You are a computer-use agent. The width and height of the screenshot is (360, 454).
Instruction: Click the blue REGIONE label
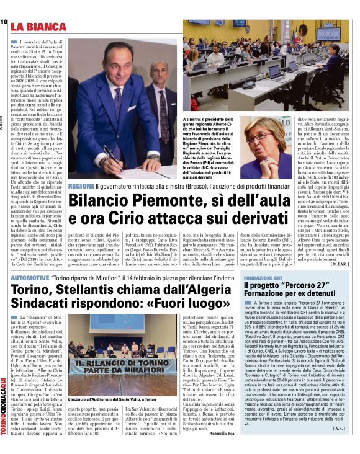point(81,187)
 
